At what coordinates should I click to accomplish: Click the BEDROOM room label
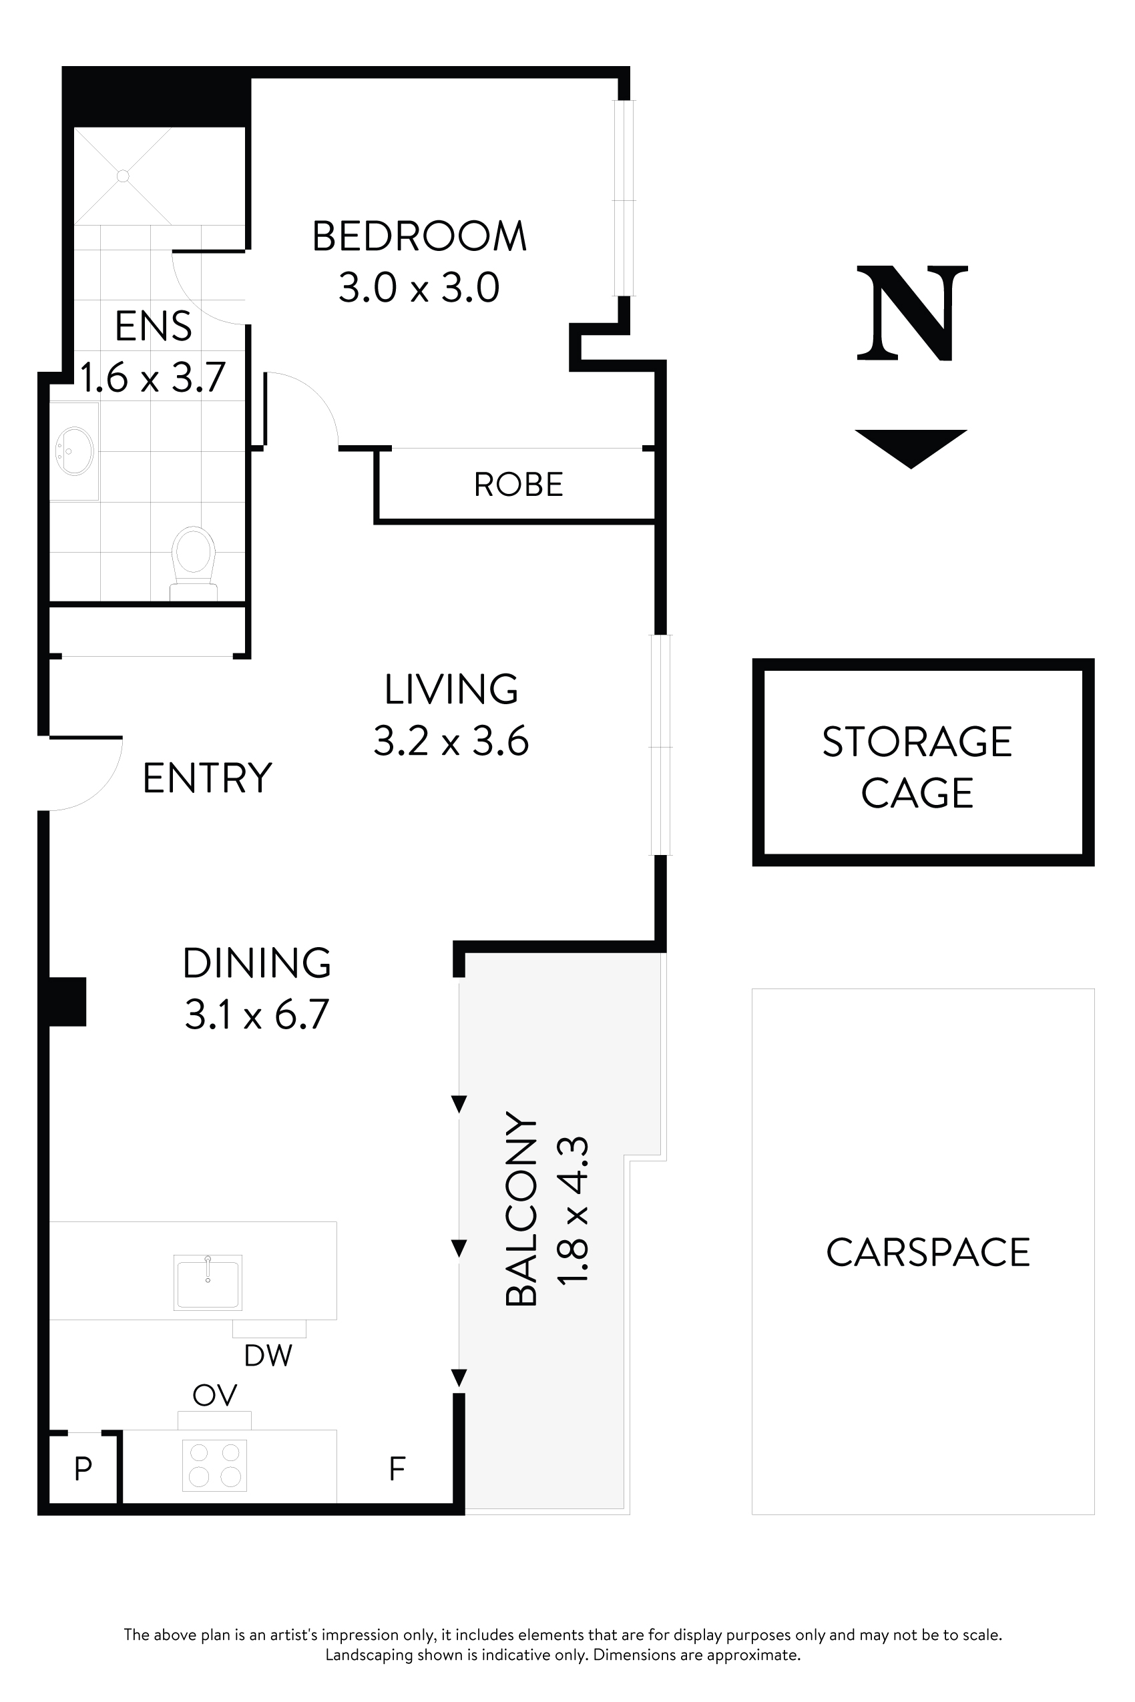coord(419,237)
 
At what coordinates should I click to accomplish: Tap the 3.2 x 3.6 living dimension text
coord(451,742)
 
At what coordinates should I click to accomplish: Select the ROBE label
coord(518,485)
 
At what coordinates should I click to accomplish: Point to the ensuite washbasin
coord(75,451)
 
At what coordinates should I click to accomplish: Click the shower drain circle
coord(123,176)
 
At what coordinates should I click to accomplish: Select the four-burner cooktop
coord(214,1465)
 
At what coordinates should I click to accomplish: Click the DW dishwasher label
coord(268,1356)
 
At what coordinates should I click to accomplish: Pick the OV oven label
coord(215,1395)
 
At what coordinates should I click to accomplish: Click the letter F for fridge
coord(397,1469)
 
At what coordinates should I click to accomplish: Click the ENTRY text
coord(207,779)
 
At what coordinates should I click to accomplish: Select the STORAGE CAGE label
coord(917,767)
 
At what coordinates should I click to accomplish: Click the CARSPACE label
coord(928,1253)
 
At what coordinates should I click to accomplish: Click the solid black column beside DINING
coord(67,1002)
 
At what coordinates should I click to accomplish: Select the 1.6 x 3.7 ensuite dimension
coord(153,378)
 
